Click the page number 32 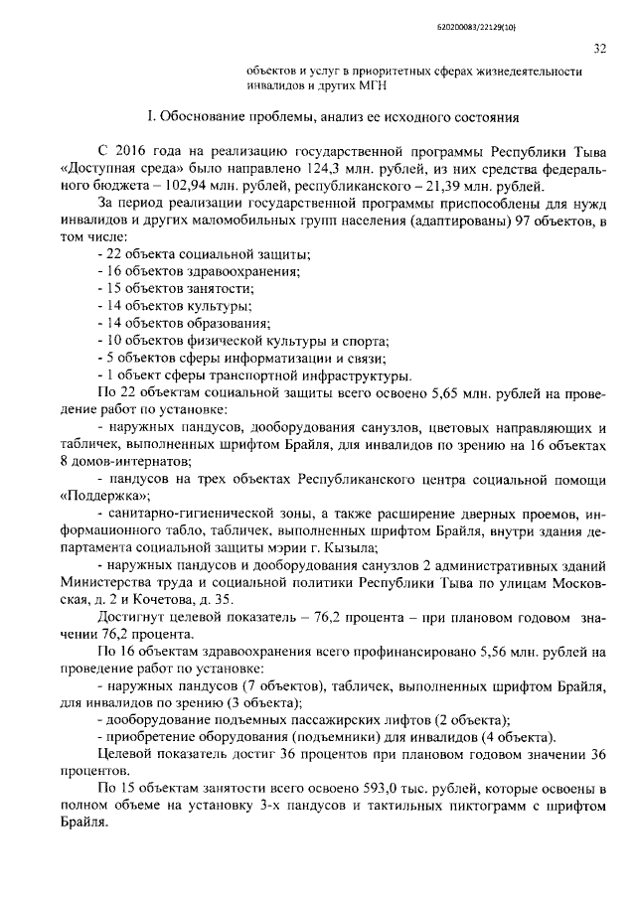point(600,47)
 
